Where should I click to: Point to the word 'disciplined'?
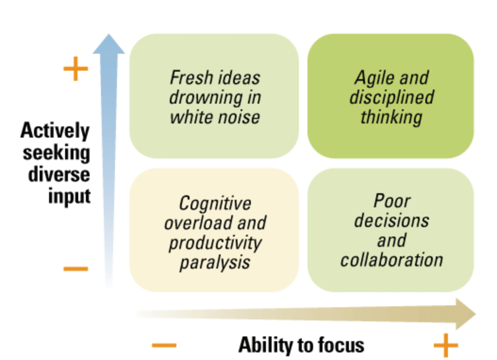tap(391, 97)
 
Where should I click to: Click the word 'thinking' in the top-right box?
tap(391, 117)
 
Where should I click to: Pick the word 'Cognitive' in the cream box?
tap(215, 204)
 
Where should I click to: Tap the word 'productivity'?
tap(215, 243)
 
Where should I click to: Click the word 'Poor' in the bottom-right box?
tap(392, 201)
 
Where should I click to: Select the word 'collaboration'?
tap(392, 260)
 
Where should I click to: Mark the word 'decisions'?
tap(392, 221)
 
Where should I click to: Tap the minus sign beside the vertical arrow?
tap(75, 270)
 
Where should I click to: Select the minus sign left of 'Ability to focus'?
tap(164, 346)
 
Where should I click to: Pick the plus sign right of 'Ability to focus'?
tap(446, 346)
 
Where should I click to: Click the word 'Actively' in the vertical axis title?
tap(55, 131)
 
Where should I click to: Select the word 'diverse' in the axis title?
tap(59, 174)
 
